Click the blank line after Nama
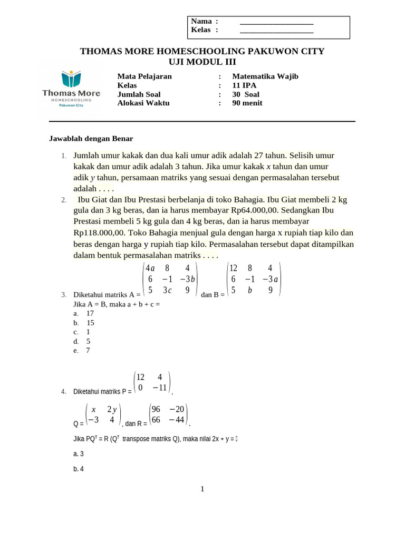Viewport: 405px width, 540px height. [x=276, y=22]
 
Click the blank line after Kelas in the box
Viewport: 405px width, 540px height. [x=276, y=31]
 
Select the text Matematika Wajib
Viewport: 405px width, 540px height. [x=265, y=76]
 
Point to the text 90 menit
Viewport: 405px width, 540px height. [x=247, y=103]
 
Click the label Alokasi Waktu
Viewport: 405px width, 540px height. [x=143, y=103]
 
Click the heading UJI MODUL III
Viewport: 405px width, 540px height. [x=202, y=62]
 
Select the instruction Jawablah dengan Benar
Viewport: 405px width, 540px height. [x=91, y=139]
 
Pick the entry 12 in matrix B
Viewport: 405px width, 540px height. [x=234, y=268]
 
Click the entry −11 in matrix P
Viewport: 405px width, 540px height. [x=160, y=388]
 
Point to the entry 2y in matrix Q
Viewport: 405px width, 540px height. [x=112, y=409]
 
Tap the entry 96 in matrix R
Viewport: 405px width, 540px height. [x=156, y=409]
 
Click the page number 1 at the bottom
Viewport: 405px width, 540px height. [x=202, y=489]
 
